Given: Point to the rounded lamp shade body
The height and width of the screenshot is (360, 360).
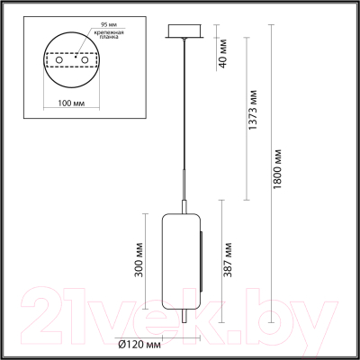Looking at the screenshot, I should (181, 251).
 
